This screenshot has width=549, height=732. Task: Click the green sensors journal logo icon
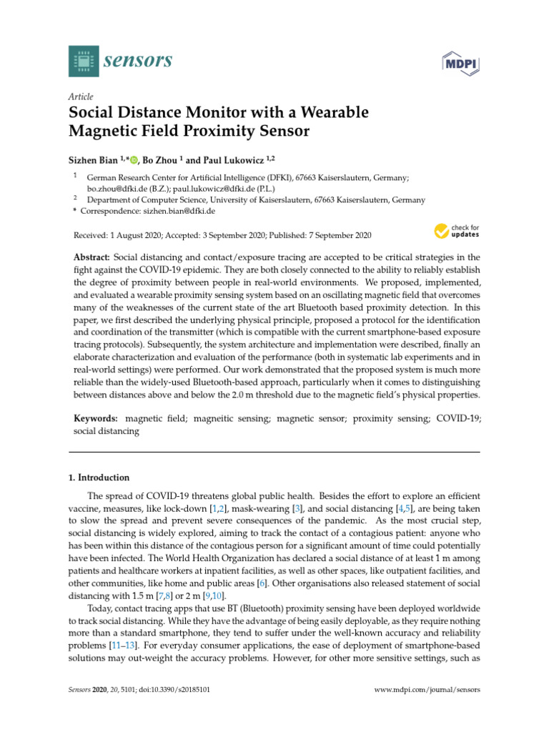point(84,61)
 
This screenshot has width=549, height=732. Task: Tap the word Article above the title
point(80,97)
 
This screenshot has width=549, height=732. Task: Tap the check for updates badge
point(456,231)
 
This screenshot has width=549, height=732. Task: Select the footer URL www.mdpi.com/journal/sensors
point(427,690)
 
